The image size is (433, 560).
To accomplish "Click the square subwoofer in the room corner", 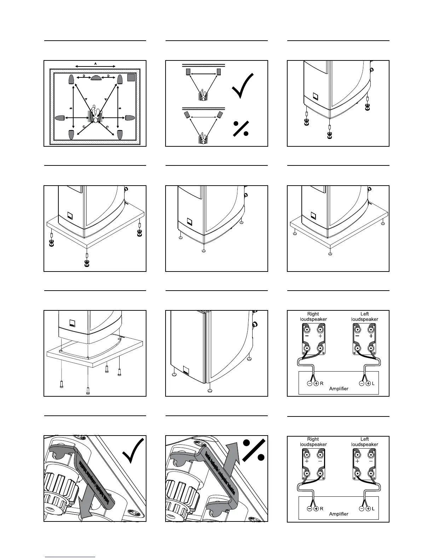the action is tap(131, 77).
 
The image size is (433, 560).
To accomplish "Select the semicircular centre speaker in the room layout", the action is tap(96, 78).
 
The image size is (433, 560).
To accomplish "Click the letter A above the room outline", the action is tap(95, 63).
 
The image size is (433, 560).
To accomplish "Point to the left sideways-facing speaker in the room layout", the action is tap(60, 117).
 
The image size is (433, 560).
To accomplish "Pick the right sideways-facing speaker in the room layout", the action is tap(130, 117).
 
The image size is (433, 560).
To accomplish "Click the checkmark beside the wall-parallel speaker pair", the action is tap(243, 86).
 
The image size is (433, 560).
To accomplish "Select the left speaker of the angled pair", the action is tap(187, 115).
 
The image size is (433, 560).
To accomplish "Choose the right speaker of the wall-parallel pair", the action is tap(219, 72).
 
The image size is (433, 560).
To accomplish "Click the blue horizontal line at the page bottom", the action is tap(70, 557).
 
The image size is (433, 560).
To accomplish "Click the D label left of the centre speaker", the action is tap(83, 76).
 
